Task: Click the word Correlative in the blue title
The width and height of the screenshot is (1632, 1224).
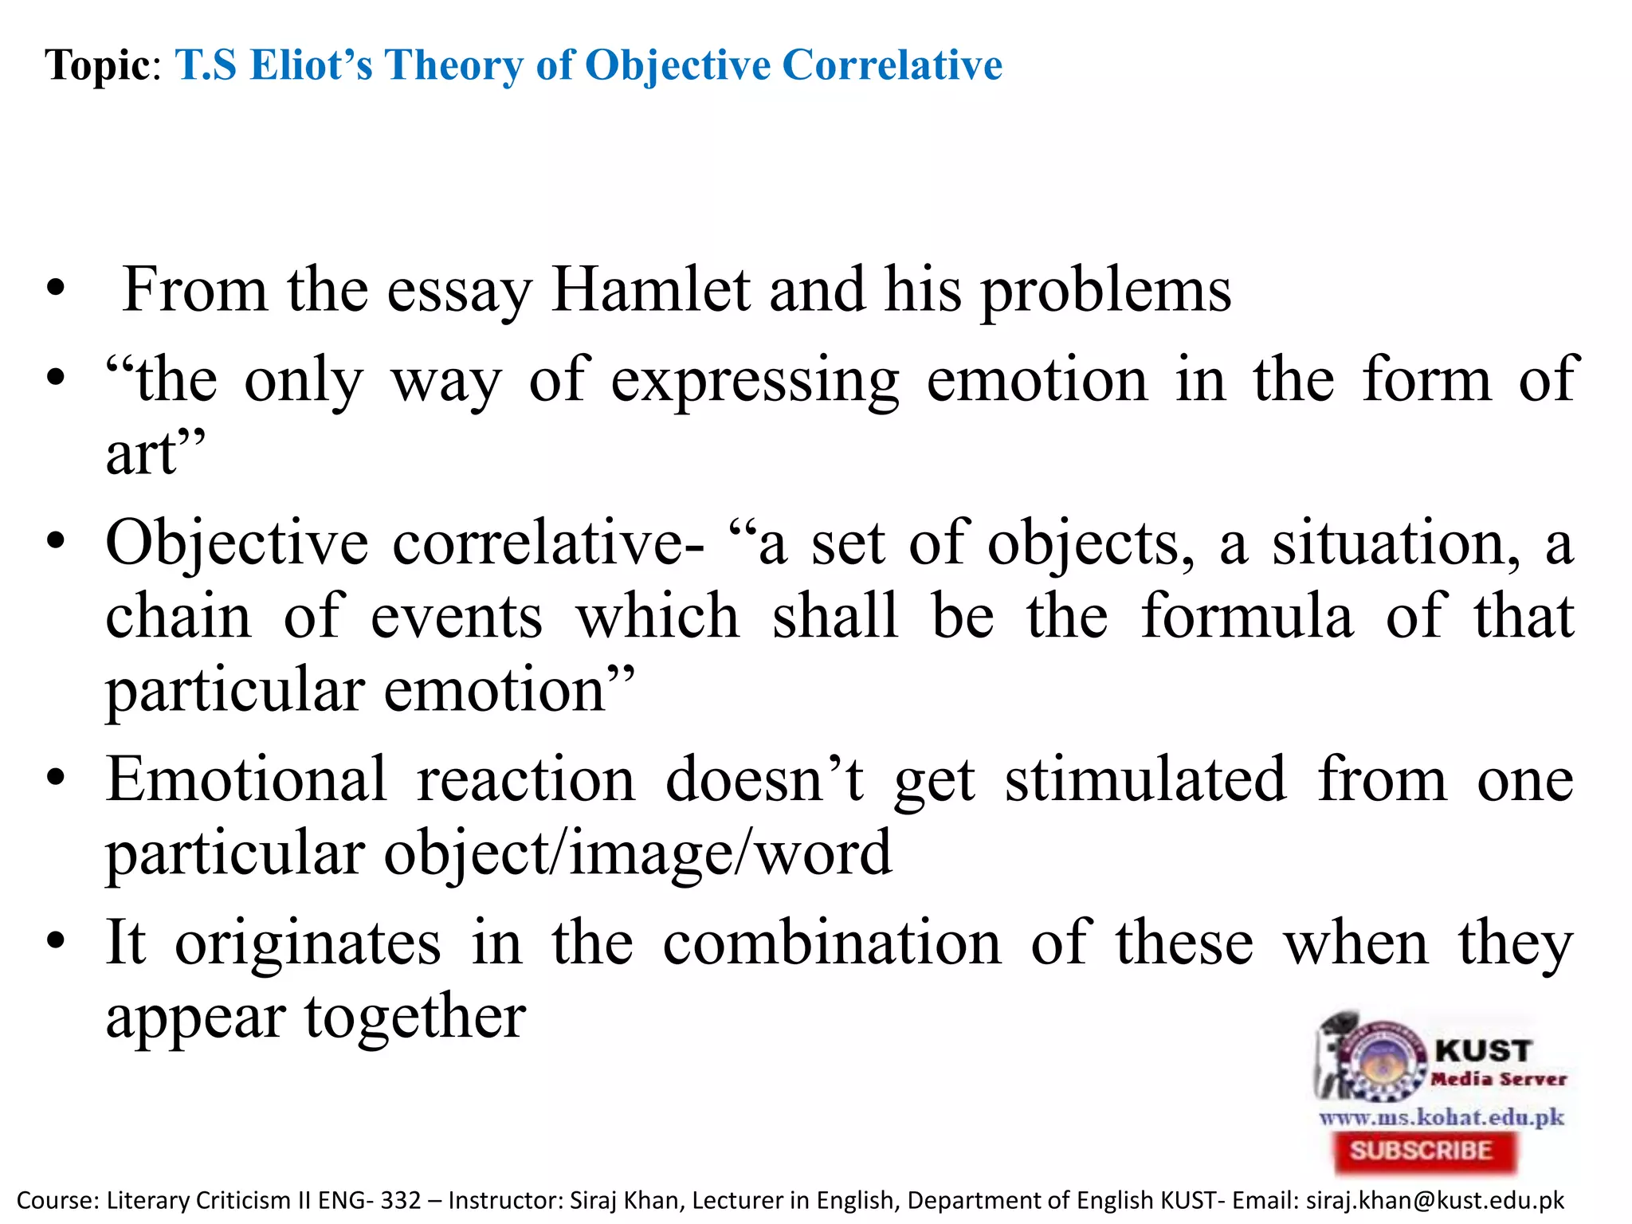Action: click(x=892, y=65)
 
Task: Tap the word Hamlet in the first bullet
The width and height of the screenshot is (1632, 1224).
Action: click(x=650, y=290)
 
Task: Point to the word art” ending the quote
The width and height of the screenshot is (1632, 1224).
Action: click(x=155, y=454)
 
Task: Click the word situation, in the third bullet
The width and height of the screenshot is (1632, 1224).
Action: click(x=1395, y=544)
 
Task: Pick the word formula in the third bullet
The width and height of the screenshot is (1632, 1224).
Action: click(x=1247, y=617)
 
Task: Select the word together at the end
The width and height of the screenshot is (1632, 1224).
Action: click(x=415, y=1018)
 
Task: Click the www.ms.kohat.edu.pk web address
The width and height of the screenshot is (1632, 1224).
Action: click(x=1442, y=1117)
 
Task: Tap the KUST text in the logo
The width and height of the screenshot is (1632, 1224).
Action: click(x=1483, y=1051)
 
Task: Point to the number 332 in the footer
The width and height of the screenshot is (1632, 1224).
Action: click(x=401, y=1200)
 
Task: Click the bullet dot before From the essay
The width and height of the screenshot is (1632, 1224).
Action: click(x=55, y=288)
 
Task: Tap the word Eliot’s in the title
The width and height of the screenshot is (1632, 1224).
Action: click(x=311, y=65)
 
